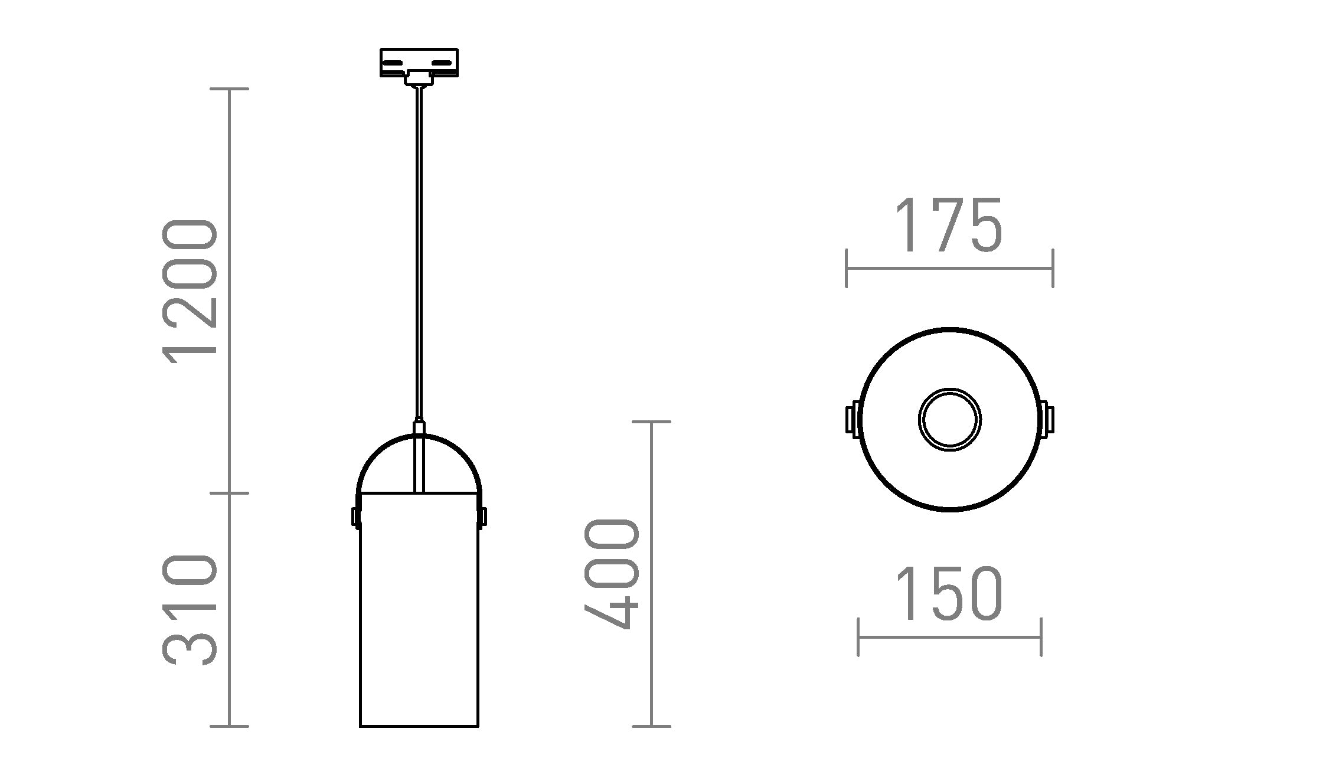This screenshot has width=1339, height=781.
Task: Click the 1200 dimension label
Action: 190,289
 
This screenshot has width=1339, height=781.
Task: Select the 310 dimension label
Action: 190,609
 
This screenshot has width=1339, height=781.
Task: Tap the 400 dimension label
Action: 612,574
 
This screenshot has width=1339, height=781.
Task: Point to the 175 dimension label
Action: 949,226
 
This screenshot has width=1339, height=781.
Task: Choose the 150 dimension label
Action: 949,594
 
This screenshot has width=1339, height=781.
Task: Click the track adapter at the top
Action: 419,63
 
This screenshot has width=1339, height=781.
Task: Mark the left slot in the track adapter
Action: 393,62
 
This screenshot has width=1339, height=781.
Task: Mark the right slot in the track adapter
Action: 444,62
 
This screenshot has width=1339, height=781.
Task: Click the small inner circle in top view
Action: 949,420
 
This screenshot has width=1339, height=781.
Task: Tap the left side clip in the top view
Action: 852,420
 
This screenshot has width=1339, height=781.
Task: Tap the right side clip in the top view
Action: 1047,420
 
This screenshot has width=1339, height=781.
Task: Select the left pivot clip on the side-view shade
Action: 356,517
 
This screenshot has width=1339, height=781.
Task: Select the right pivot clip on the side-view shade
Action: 482,517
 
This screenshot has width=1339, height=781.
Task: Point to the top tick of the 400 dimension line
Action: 651,421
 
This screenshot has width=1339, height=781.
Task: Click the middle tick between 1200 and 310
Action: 230,492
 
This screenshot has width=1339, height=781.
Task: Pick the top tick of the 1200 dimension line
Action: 230,89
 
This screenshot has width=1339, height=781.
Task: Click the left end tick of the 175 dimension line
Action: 847,269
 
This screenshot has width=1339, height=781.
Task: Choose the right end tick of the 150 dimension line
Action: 1041,637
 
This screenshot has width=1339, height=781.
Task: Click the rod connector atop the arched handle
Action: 419,428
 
